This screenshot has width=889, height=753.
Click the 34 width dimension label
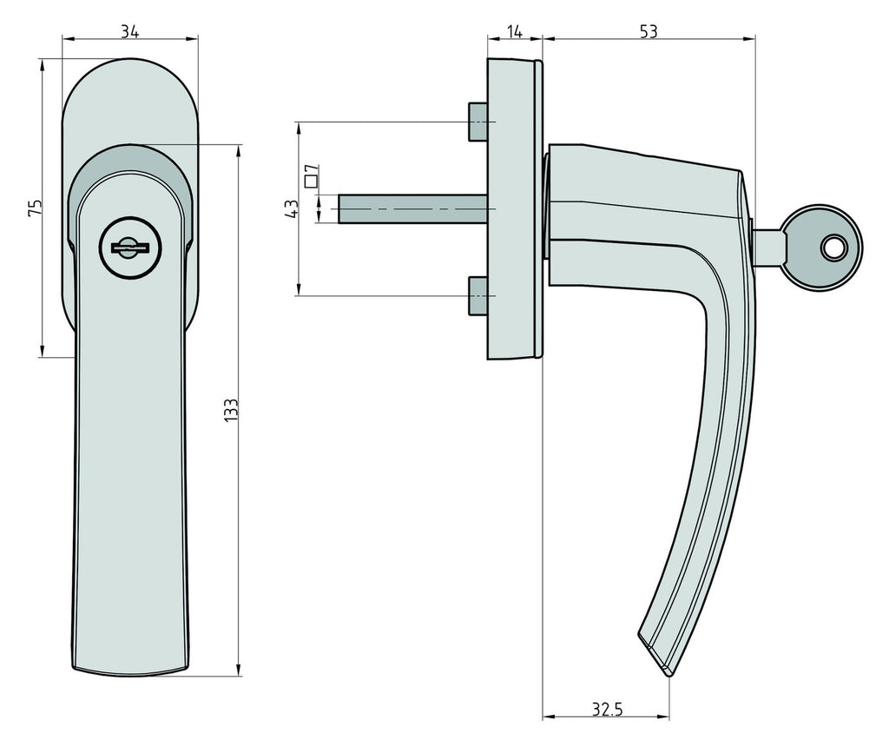click(130, 32)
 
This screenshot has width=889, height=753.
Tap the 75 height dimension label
click(34, 208)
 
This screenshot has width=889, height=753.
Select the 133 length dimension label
click(231, 409)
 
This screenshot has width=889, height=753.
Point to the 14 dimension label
click(515, 32)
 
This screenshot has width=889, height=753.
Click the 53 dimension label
click(649, 32)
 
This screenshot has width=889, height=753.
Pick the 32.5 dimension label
click(607, 709)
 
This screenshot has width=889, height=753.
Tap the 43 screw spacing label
click(292, 208)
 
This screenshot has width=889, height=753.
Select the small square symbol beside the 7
click(311, 182)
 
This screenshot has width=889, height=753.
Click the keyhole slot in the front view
click(130, 248)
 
